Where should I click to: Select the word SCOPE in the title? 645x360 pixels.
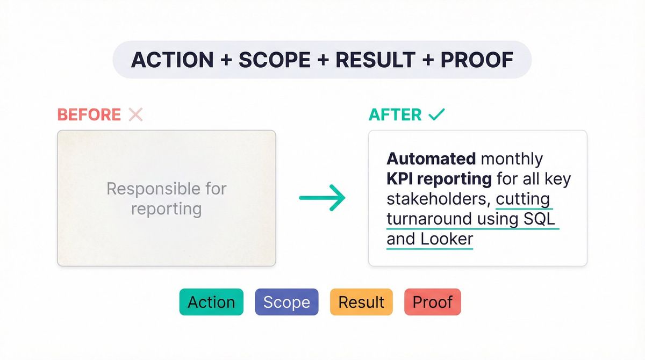274,60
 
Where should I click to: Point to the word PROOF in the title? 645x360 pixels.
477,60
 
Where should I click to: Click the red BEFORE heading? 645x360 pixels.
89,114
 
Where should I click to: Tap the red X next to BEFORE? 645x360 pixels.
135,114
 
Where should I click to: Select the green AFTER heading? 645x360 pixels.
395,114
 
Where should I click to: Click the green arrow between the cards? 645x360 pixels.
322,198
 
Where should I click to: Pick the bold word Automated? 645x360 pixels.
431,159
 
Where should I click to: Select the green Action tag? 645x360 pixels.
211,302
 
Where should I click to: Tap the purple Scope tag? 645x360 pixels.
286,302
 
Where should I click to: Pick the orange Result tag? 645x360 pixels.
361,302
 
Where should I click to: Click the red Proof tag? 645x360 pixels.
432,302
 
